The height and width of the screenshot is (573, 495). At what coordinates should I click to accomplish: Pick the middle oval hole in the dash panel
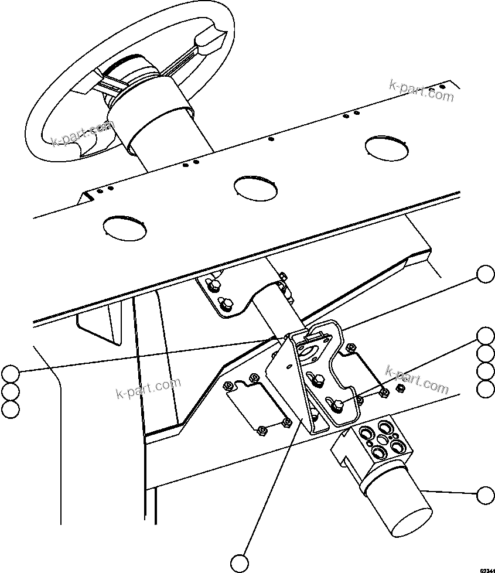tap(255, 187)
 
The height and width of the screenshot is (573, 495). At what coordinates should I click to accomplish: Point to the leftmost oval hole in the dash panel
tap(124, 226)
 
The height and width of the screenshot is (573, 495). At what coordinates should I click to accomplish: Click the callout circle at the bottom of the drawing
tap(239, 563)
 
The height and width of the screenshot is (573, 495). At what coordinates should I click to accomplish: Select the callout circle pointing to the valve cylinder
tap(485, 495)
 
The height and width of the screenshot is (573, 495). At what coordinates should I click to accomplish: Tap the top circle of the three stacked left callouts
tap(10, 373)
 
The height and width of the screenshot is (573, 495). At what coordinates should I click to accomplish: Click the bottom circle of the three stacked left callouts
tap(10, 410)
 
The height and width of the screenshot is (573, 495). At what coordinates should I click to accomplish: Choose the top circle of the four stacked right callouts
tap(485, 336)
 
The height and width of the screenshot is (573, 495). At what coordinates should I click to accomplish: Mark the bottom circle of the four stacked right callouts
tap(485, 389)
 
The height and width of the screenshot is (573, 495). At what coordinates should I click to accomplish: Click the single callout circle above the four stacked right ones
tap(485, 274)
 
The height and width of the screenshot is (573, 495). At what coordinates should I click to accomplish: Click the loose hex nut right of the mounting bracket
tap(401, 388)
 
